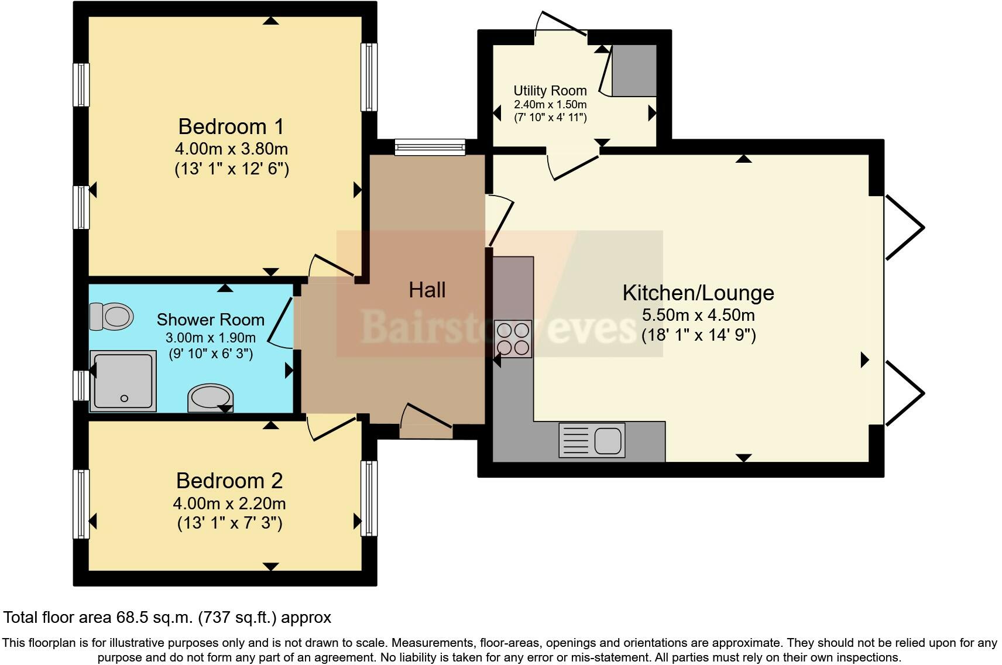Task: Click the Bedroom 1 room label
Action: click(231, 126)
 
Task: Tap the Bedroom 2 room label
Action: click(229, 481)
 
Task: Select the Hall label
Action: click(427, 290)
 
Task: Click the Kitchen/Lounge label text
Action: click(698, 293)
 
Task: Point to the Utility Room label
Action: click(550, 91)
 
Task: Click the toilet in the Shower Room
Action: click(111, 317)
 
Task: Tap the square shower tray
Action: click(123, 381)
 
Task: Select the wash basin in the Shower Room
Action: click(211, 398)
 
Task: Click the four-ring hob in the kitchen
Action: click(513, 338)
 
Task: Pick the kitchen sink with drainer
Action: click(591, 440)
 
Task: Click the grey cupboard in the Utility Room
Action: click(634, 70)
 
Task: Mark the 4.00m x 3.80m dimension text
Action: click(231, 149)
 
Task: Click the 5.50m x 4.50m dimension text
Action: click(698, 315)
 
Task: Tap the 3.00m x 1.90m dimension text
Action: click(211, 338)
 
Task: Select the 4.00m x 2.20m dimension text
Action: click(229, 503)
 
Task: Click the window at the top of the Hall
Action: click(430, 146)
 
